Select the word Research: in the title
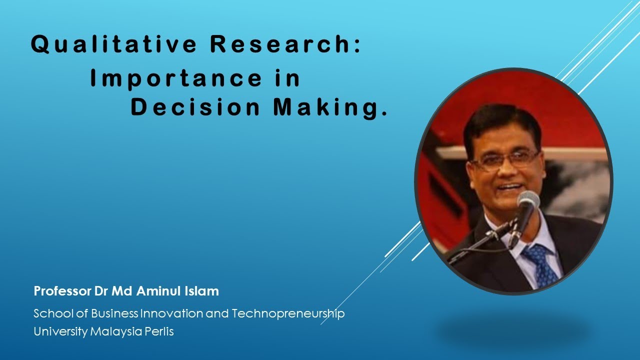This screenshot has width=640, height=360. point(285,45)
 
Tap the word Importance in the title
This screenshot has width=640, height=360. point(175,78)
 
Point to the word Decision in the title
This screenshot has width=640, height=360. point(195,108)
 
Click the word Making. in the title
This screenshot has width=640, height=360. point(330,108)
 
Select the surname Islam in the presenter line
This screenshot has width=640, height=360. point(205,290)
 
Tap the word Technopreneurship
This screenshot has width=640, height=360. point(288,314)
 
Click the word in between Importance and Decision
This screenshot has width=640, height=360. point(288,78)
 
